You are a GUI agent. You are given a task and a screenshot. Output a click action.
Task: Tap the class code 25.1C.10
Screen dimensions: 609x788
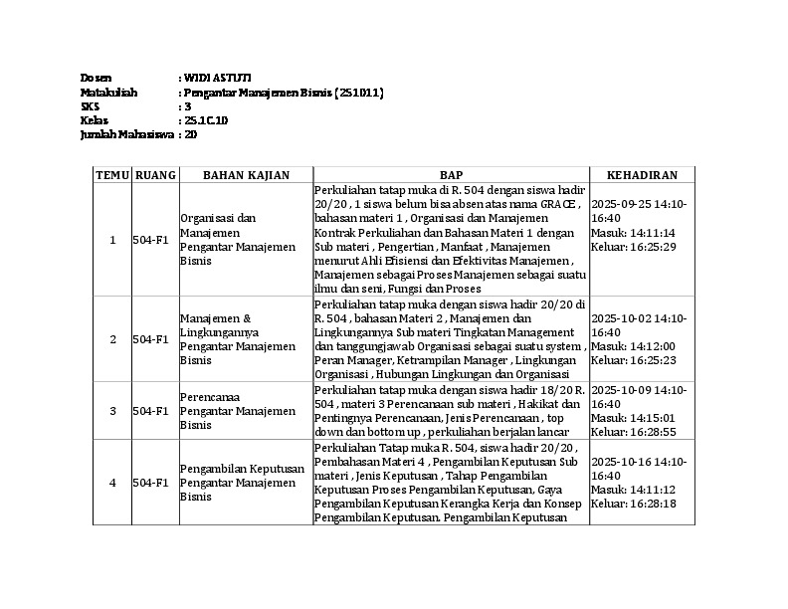coord(206,120)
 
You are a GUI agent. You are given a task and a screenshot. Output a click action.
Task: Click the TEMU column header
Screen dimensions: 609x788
coord(112,175)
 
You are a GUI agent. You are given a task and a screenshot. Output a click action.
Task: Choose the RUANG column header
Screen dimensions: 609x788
coord(154,175)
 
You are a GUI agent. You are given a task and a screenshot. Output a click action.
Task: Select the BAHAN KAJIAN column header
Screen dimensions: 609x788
coord(246,175)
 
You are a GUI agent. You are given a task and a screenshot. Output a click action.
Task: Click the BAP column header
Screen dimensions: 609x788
coord(451,175)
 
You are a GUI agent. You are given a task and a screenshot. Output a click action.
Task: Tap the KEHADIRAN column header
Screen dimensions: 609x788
coord(642,175)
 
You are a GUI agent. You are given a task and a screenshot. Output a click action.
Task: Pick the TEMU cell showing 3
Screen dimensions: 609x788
coord(112,411)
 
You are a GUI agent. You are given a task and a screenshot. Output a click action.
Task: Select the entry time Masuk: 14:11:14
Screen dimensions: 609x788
coord(633,232)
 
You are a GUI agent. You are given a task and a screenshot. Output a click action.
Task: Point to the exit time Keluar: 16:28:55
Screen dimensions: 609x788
coord(633,432)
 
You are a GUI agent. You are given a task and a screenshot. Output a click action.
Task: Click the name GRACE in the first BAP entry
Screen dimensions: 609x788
coord(558,203)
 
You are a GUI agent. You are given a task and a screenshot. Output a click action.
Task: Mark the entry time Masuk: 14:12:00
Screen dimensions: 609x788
coord(633,346)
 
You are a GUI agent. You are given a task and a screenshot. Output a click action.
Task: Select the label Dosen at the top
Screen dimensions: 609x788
coord(96,78)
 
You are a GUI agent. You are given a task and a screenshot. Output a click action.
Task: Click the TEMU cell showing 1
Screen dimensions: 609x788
coord(112,240)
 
